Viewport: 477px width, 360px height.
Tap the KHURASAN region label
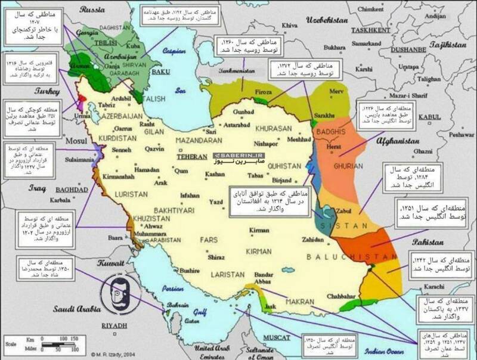tap(273, 128)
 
